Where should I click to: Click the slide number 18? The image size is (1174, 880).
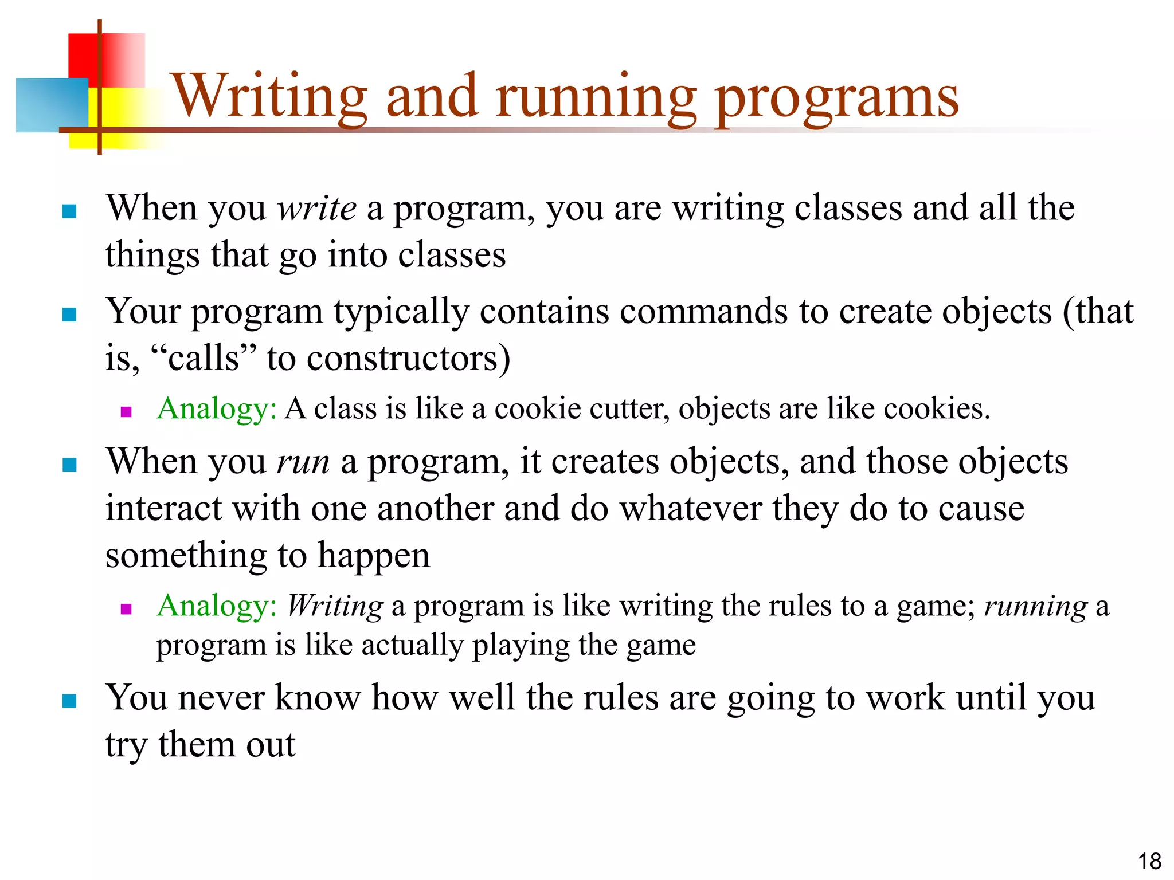(x=1149, y=861)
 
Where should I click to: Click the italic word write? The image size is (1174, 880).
(x=317, y=207)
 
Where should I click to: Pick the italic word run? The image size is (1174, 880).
(x=303, y=462)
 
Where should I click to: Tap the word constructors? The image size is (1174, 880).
(x=408, y=359)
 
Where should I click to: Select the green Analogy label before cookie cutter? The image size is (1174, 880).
(x=217, y=409)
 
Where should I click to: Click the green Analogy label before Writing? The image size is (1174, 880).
(x=217, y=606)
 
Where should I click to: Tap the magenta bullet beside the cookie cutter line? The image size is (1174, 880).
(x=126, y=411)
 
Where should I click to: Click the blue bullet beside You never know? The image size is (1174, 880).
(x=69, y=701)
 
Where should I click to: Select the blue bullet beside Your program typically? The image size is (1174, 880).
(x=69, y=315)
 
